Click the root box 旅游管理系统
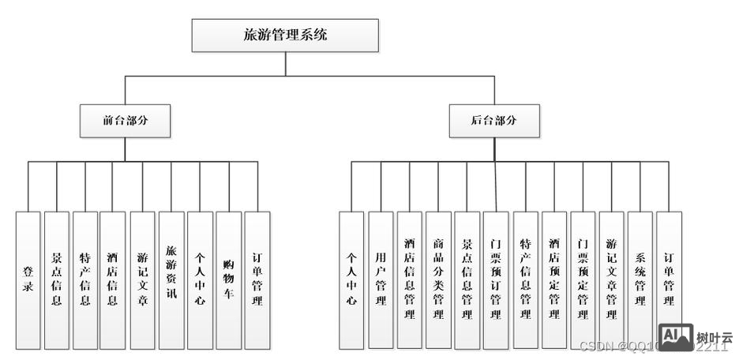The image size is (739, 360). tap(285, 36)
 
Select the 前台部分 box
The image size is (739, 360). tap(125, 121)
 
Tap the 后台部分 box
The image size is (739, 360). tap(494, 121)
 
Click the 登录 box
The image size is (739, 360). tap(28, 280)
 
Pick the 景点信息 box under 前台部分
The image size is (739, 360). tap(56, 280)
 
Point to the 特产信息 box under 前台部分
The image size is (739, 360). tap(84, 280)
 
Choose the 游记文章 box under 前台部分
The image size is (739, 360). tap(142, 280)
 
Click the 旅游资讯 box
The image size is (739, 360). tap(171, 280)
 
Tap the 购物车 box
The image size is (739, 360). tap(228, 280)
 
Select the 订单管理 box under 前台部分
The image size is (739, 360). tap(257, 280)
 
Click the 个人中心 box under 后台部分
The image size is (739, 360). tap(351, 280)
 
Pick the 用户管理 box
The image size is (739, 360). tap(381, 280)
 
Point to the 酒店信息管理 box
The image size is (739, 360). tap(409, 280)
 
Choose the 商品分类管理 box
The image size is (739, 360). tap(438, 280)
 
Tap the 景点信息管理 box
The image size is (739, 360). tap(467, 280)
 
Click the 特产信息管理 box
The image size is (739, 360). tap(525, 280)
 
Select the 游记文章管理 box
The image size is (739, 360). tap(611, 280)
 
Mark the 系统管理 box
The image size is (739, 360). tap(640, 280)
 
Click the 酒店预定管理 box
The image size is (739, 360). tap(554, 280)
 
